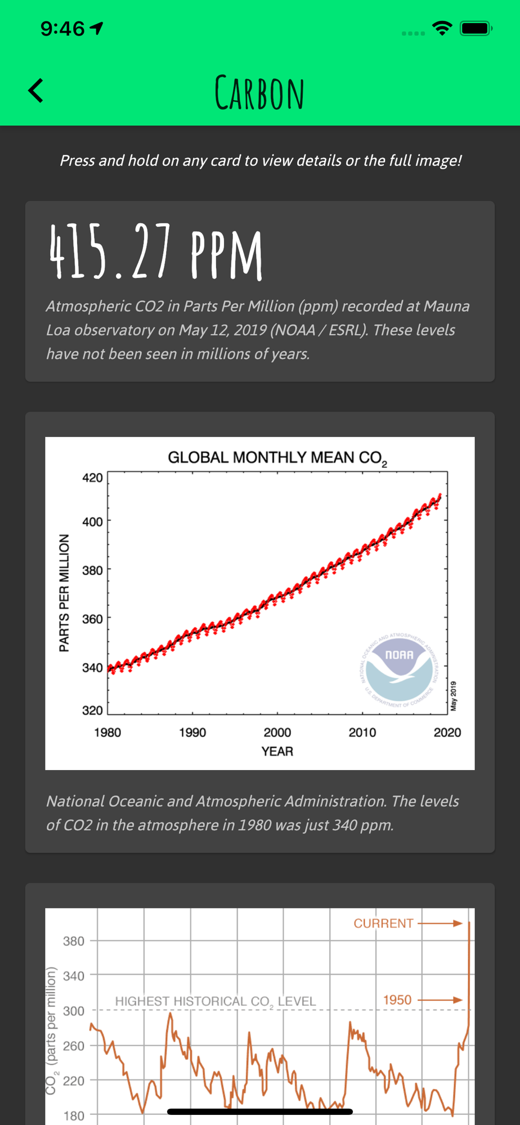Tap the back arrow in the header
(x=36, y=91)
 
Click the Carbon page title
(x=259, y=93)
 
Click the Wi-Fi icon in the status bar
(x=442, y=29)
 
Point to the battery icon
(x=476, y=29)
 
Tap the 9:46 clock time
(x=62, y=29)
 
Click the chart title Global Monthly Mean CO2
(x=277, y=458)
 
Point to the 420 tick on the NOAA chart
(x=92, y=478)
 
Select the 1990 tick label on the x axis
(x=192, y=732)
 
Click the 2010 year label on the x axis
(x=362, y=732)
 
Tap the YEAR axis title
(x=277, y=751)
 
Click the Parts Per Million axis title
(x=64, y=593)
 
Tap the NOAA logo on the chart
(x=399, y=669)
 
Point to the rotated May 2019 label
(x=454, y=696)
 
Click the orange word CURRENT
(x=383, y=923)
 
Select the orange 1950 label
(x=397, y=1000)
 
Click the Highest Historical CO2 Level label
(x=216, y=1001)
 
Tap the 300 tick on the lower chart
(x=74, y=1011)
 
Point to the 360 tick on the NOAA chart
(x=92, y=619)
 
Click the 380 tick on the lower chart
(x=74, y=941)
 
